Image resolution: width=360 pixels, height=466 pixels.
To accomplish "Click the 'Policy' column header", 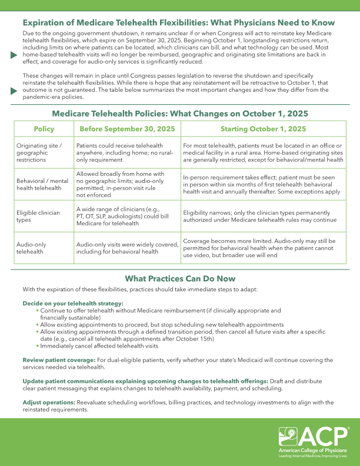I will (44, 128).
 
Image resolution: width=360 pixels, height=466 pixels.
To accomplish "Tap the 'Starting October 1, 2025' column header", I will (263, 128).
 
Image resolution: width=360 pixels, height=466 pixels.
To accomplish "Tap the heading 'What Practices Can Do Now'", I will (180, 278).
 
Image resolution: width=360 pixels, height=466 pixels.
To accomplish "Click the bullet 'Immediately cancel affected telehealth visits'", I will (100, 346).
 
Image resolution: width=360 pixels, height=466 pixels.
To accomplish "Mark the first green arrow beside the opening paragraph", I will (14, 54).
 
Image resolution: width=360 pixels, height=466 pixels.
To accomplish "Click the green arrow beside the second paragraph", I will (14, 92).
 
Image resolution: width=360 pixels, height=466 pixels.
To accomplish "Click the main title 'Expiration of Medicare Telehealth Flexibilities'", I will (183, 23).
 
